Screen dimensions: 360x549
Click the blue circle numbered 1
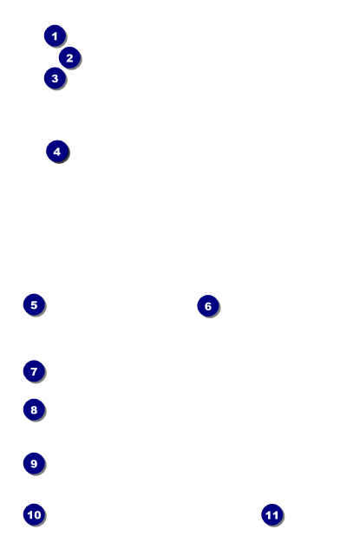[55, 36]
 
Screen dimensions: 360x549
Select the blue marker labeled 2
[69, 57]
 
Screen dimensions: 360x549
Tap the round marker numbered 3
[55, 78]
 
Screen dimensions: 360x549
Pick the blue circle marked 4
[57, 152]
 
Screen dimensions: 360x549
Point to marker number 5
[34, 304]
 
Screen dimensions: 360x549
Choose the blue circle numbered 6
[208, 306]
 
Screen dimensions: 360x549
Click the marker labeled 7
[34, 371]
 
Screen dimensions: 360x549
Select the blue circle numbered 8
[34, 409]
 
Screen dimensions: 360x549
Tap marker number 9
[34, 463]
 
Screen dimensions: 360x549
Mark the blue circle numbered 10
[34, 514]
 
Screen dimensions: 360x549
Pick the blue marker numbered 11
[272, 515]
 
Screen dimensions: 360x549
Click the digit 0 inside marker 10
[37, 514]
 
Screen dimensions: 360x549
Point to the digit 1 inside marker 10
[30, 514]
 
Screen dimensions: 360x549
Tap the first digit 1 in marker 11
[269, 515]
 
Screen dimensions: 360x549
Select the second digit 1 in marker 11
[275, 515]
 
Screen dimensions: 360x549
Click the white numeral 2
[69, 58]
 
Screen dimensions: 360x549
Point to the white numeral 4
[57, 152]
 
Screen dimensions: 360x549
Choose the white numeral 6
[208, 306]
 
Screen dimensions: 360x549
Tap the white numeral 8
[34, 409]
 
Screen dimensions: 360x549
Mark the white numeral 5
[34, 304]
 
